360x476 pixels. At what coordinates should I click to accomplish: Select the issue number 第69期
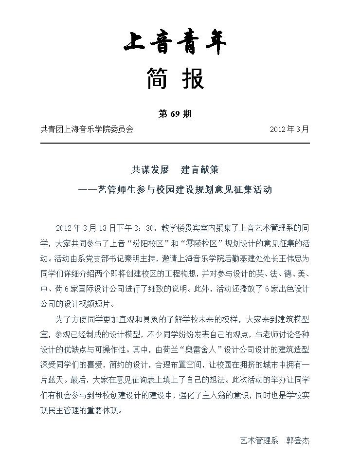175,114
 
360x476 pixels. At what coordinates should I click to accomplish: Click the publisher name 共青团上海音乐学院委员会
87,129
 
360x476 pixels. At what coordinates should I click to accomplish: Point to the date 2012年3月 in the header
289,129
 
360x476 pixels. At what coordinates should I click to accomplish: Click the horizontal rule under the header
175,143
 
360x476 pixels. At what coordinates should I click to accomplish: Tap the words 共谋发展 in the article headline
150,169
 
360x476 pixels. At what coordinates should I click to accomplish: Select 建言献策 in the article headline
200,169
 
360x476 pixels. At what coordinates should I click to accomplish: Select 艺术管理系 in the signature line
259,440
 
